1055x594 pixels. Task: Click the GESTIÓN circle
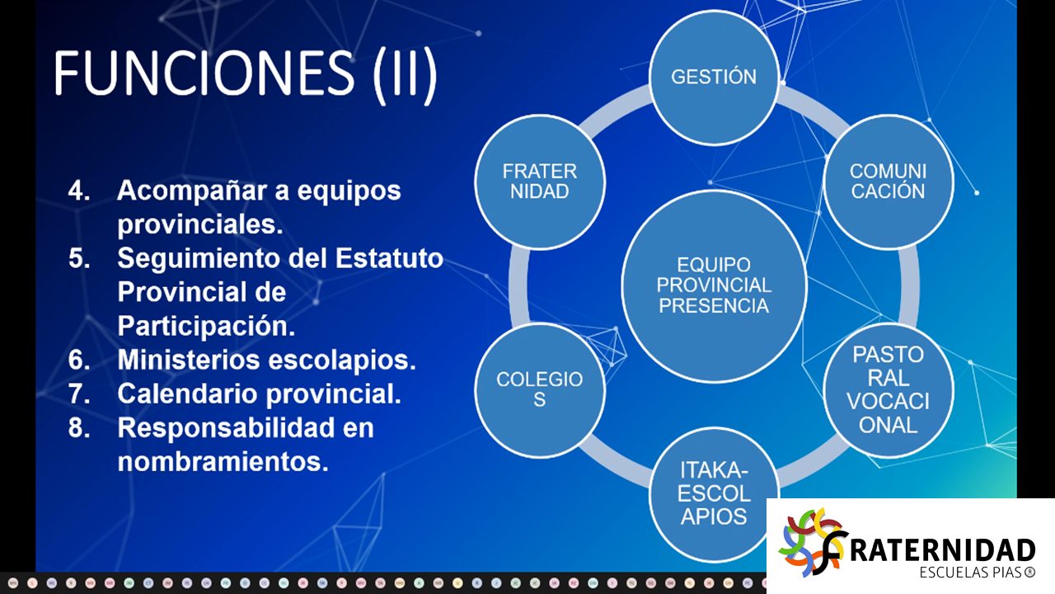(x=714, y=78)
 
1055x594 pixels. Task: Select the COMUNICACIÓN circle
(x=889, y=182)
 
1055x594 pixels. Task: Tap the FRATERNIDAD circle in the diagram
(x=540, y=182)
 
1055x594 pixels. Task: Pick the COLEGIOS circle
(x=540, y=390)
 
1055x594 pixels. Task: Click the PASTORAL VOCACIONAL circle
(x=889, y=390)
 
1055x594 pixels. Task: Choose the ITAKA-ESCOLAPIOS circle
(x=714, y=495)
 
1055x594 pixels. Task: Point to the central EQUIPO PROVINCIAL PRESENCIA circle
(x=714, y=286)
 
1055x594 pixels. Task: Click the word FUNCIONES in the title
(x=204, y=73)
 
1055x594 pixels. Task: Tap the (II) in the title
(x=405, y=74)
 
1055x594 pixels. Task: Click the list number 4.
(x=79, y=191)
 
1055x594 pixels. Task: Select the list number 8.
(x=79, y=427)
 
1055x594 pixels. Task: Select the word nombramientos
(x=223, y=461)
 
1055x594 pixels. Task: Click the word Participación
(x=206, y=326)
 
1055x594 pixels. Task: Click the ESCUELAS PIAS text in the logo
(x=978, y=573)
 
